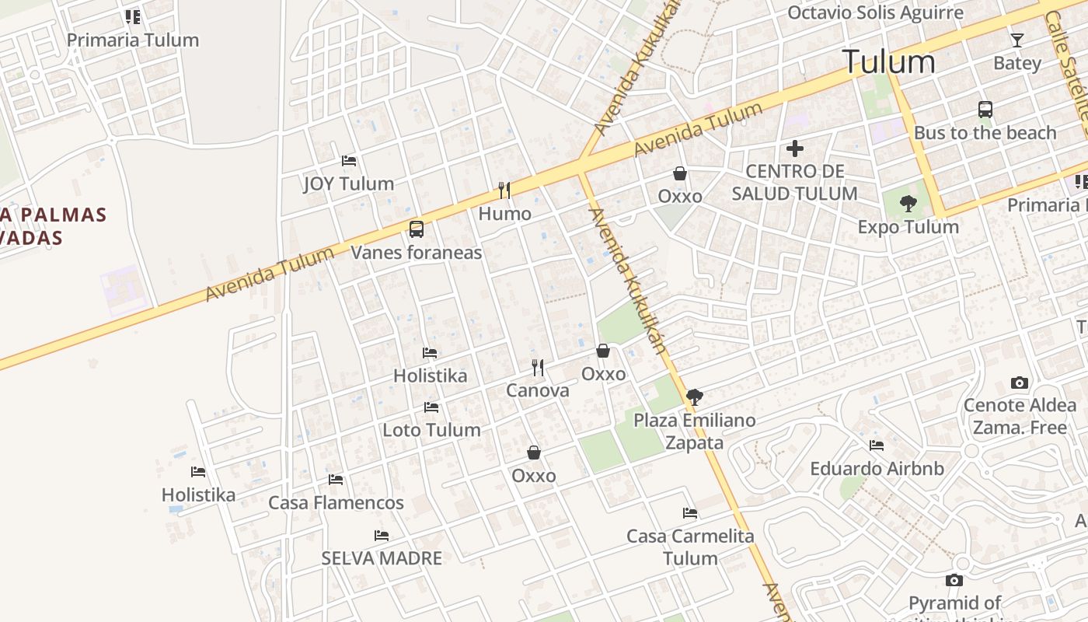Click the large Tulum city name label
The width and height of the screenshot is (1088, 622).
[889, 62]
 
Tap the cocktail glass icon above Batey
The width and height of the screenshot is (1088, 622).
[1017, 40]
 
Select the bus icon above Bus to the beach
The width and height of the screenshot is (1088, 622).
[985, 110]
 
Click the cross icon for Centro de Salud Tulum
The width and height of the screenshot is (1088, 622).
[794, 148]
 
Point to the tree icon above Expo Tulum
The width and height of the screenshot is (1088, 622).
[908, 204]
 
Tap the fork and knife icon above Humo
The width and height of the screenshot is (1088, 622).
[504, 190]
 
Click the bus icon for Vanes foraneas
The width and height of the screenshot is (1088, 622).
[417, 229]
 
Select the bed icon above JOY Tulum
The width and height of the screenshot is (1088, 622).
[349, 161]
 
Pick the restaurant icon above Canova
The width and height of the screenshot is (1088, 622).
[537, 368]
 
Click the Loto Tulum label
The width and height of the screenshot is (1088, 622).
[431, 430]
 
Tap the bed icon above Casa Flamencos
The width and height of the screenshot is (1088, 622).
[336, 480]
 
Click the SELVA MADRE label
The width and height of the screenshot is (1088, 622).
[382, 558]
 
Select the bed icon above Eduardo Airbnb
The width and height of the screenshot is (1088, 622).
[877, 446]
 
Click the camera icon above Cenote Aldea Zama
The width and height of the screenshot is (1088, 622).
[1020, 383]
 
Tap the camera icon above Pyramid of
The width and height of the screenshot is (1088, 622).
[954, 580]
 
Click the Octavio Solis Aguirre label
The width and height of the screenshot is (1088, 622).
[875, 13]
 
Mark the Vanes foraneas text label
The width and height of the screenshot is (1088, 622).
[417, 253]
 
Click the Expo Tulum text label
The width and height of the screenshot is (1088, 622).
[908, 227]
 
